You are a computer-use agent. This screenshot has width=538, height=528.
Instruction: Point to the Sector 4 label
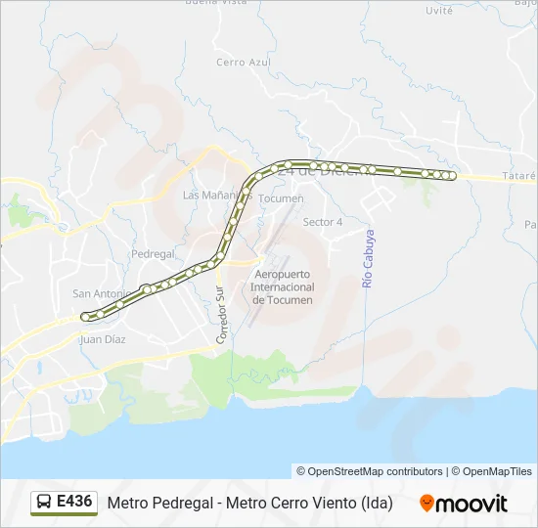coord(323,222)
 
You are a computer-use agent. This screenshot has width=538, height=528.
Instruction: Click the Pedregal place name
coord(152,253)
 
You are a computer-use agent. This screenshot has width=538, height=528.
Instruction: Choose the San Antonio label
coord(101,293)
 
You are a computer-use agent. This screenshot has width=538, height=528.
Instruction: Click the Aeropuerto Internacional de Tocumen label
coord(283,286)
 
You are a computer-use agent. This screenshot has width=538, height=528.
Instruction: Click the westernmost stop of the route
coord(85,317)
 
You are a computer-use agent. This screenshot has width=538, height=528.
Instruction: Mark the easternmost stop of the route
coord(452,175)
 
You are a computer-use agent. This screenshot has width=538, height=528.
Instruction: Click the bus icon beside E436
coord(44,503)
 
